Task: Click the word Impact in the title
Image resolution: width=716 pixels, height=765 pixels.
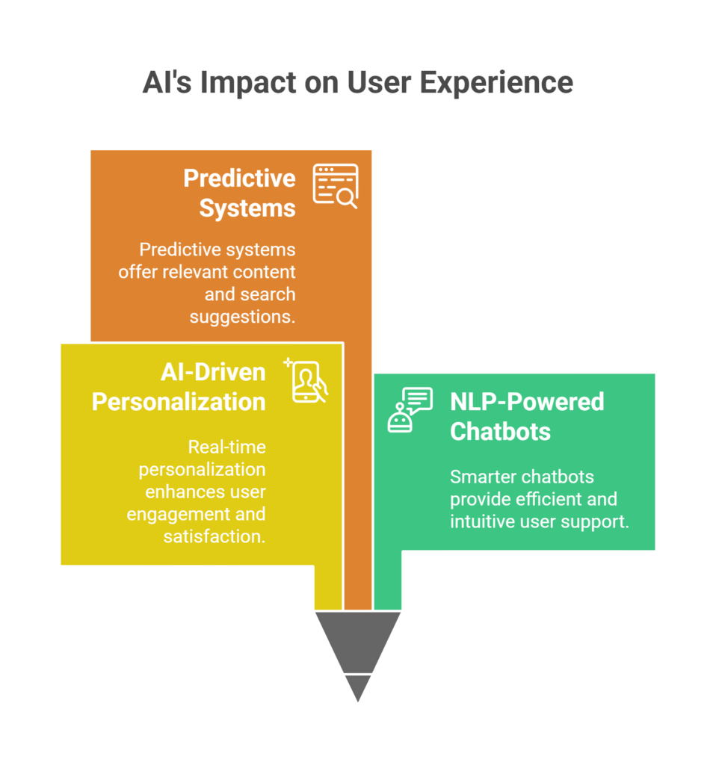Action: pos(248,83)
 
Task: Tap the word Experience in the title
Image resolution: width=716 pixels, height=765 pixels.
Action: pos(496,83)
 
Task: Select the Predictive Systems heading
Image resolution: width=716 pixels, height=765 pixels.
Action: pos(240,193)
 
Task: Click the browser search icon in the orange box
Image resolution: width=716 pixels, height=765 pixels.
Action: pos(336,186)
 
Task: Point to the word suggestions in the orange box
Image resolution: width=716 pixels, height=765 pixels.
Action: pos(243,318)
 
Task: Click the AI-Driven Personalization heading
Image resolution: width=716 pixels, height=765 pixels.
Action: pos(179,387)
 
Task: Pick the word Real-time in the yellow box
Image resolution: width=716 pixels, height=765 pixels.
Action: pos(227,447)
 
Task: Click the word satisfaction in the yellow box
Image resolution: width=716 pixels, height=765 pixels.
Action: pos(215,536)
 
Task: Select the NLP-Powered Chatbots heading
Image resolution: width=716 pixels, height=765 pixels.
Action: pos(527,417)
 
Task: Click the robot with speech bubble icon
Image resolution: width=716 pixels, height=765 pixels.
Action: pos(410,410)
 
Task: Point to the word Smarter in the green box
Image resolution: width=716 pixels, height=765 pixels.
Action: pos(481,477)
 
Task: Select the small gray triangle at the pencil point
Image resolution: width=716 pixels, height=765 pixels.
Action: pos(358,687)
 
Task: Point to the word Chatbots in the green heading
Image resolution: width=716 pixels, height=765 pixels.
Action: pos(500,432)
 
